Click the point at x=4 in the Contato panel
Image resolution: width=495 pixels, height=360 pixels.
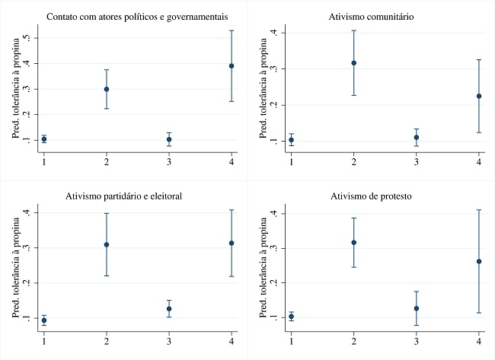point(231,66)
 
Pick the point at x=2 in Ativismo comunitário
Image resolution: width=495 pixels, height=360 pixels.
point(353,63)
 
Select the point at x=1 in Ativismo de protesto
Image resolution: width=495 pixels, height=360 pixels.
point(291,316)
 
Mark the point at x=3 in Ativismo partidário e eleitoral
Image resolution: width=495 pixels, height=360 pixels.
point(169,308)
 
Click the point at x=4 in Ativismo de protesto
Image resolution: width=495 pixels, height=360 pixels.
point(478,261)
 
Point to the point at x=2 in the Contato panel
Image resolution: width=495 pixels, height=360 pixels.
point(107,89)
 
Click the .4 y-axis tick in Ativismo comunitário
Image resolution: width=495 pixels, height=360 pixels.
point(273,33)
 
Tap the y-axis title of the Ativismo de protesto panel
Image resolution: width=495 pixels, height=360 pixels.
point(260,266)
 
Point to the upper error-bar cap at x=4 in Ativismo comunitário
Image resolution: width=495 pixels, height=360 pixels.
point(478,59)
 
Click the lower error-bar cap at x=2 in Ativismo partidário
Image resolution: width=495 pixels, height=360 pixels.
point(107,276)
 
